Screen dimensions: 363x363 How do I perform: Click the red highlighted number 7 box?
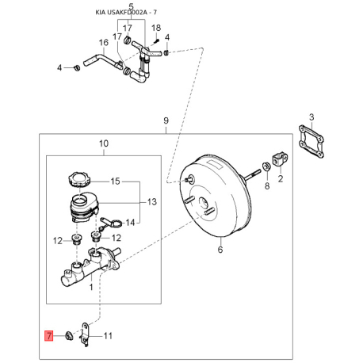pos(49,336)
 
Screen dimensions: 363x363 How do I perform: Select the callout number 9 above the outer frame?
pos(166,120)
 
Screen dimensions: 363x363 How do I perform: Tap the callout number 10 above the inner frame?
pos(104,143)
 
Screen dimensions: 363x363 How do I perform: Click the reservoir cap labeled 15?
pos(79,179)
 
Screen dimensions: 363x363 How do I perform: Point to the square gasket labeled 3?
pos(312,142)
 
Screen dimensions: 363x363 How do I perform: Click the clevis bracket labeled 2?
pos(280,159)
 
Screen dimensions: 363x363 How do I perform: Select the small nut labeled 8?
pos(266,166)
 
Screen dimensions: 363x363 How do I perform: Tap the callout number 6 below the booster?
pos(220,250)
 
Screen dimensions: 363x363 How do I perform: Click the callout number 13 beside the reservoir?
pos(152,202)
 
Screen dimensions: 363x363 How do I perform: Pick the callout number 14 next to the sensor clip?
pos(130,223)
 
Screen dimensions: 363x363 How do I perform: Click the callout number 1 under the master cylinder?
pos(91,287)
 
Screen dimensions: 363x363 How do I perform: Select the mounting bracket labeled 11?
pos(86,334)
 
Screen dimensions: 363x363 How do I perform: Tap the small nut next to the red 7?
pos(69,336)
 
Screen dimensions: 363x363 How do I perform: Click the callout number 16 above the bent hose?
pos(104,43)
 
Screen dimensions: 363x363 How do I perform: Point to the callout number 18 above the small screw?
pos(156,28)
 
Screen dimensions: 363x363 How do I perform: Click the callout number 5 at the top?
pos(132,6)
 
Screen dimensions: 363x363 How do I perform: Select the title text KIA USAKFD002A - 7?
pos(126,13)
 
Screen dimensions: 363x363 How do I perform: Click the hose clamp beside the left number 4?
pos(77,67)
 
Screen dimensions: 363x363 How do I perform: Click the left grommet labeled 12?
pos(77,239)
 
